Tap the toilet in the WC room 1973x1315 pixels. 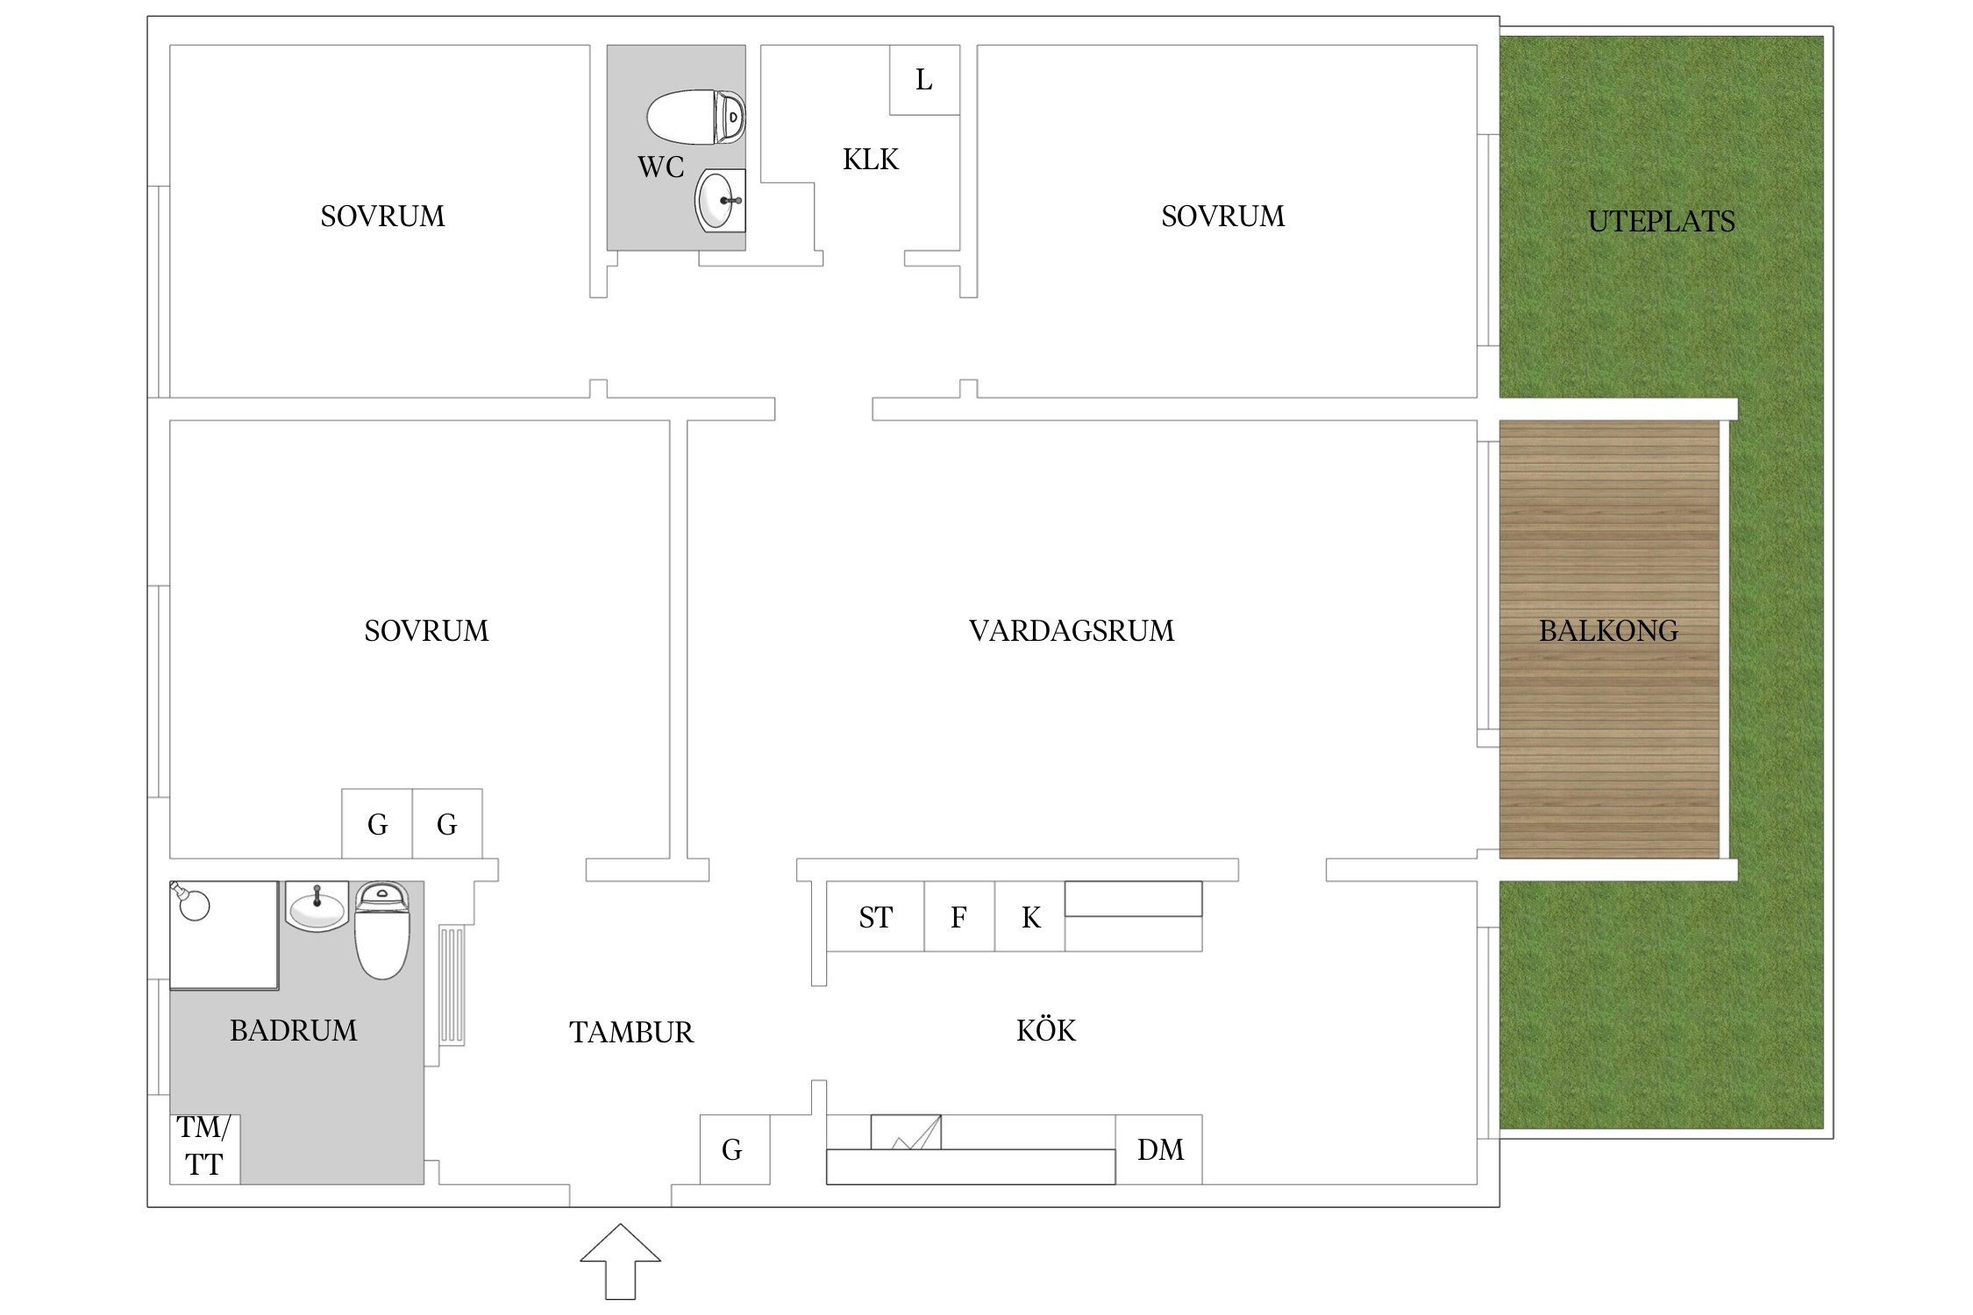[695, 117]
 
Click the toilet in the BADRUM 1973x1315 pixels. [381, 930]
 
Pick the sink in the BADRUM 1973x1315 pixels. [317, 906]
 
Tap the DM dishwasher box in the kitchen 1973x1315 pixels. [1159, 1149]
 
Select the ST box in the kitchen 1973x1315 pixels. [875, 917]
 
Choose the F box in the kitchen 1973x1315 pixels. [958, 917]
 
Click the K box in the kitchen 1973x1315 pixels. [1030, 917]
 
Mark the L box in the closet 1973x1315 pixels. [924, 80]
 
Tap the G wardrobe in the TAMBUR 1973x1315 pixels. [733, 1149]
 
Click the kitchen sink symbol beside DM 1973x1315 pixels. [906, 1132]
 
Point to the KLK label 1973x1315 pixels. [871, 160]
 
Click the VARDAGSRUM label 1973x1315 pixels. [1071, 630]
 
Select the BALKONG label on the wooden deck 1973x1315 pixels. [1608, 630]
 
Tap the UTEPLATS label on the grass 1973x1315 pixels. [1661, 221]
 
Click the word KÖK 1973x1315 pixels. [1046, 1030]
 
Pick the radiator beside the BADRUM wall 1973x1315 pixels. [451, 984]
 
